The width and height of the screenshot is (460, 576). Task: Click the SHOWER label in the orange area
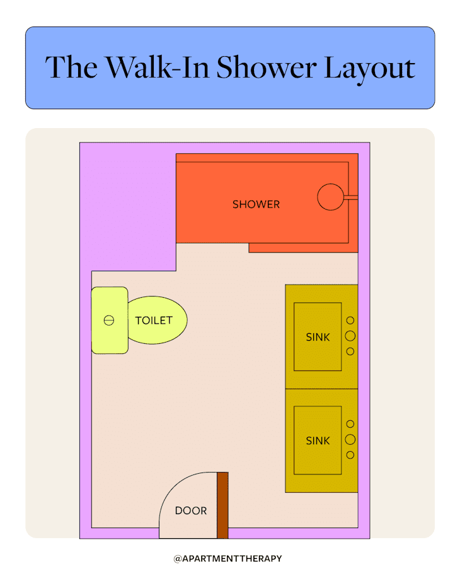[x=256, y=204]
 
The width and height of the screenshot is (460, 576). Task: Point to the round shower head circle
[x=330, y=197]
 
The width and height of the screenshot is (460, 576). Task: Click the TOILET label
[x=154, y=320]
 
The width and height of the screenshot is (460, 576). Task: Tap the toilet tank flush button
[x=108, y=320]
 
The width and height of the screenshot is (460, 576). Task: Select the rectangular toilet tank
[x=110, y=320]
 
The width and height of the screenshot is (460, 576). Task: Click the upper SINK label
[x=318, y=337]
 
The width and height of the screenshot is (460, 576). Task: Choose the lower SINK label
[x=318, y=441]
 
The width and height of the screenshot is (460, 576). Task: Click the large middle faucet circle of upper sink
[x=350, y=336]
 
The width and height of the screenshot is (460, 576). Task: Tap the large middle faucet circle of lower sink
[x=350, y=439]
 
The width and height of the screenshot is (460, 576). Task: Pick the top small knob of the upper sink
[x=350, y=320]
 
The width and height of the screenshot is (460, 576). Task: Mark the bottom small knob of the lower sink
[x=350, y=455]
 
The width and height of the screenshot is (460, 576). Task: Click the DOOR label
[x=191, y=510]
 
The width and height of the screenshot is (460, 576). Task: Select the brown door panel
[x=222, y=505]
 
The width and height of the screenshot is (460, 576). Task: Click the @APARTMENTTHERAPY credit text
[x=228, y=558]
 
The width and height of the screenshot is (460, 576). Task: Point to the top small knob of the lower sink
[x=350, y=424]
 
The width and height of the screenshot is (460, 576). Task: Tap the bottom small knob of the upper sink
[x=350, y=351]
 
